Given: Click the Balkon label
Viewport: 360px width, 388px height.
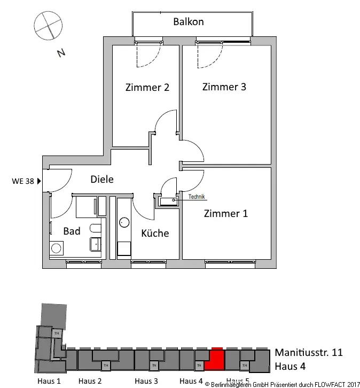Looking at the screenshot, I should point(188,22).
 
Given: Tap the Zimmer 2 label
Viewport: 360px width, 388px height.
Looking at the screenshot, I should point(147,88).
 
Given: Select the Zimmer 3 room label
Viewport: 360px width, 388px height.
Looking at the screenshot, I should point(224,87).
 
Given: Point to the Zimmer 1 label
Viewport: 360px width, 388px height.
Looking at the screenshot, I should point(226,214).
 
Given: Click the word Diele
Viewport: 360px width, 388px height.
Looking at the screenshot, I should point(102,180).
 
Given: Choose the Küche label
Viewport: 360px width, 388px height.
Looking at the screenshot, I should point(155,234).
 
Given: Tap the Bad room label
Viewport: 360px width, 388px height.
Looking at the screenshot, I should point(72,231).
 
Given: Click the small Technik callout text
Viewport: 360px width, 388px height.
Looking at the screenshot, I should point(197,197).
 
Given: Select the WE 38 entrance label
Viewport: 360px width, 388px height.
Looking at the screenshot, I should point(22,181).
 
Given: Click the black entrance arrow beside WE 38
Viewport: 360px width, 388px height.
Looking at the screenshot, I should point(39,181).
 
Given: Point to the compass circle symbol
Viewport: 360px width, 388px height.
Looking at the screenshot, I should point(45,25).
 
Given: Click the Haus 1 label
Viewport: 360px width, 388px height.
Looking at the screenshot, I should point(49,381).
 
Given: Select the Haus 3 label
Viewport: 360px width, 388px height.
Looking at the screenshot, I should point(146,381).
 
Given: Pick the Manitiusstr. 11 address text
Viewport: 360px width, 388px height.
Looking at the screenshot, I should point(308,353).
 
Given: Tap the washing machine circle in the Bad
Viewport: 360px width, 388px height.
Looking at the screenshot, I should point(56,248).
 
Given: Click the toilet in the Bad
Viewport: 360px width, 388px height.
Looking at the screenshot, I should point(95,229).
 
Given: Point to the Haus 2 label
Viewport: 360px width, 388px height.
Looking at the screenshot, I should point(90,381).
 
